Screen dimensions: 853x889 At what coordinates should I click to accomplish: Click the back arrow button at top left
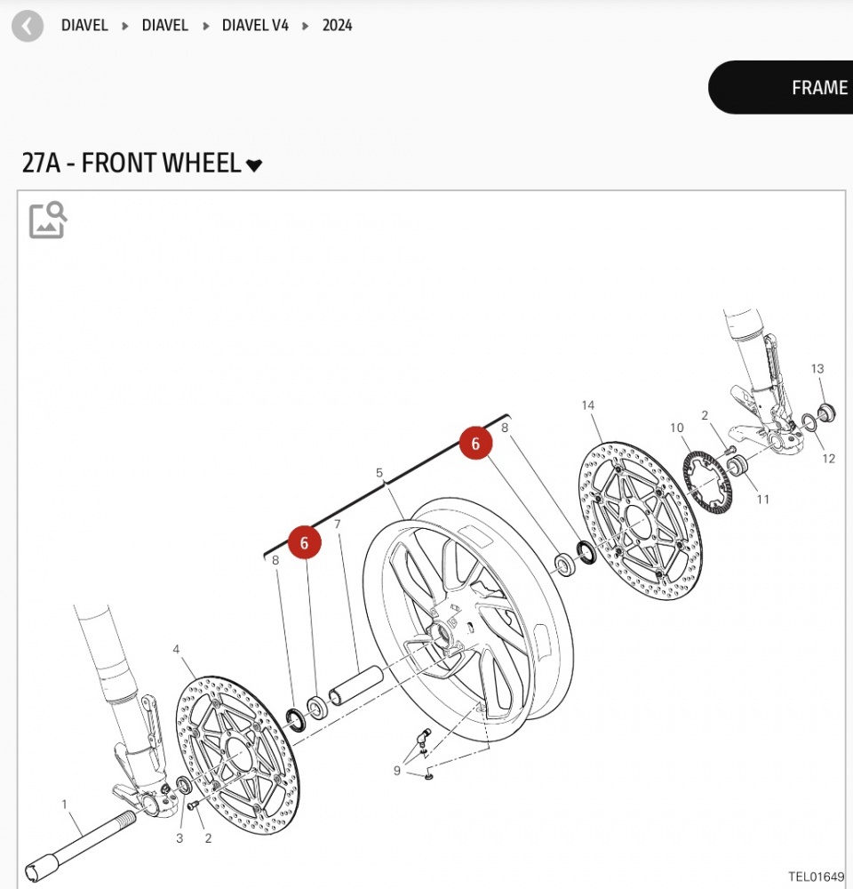pyautogui.click(x=28, y=26)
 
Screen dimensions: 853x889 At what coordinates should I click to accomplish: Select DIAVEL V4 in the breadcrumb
pyautogui.click(x=255, y=26)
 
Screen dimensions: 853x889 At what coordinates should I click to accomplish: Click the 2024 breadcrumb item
pyautogui.click(x=338, y=26)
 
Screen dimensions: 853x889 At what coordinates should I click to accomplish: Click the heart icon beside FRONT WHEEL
pyautogui.click(x=254, y=165)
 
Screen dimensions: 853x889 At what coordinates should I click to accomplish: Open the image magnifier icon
pyautogui.click(x=48, y=220)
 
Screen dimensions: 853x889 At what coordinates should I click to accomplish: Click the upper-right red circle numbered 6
pyautogui.click(x=475, y=443)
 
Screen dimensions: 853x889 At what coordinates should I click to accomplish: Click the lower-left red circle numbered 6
pyautogui.click(x=305, y=542)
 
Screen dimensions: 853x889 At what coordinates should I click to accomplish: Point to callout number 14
pyautogui.click(x=587, y=405)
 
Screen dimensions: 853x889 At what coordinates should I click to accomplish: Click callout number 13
pyautogui.click(x=817, y=369)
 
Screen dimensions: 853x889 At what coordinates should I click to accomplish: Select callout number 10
pyautogui.click(x=677, y=428)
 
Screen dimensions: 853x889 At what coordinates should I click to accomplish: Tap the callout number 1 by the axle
pyautogui.click(x=64, y=804)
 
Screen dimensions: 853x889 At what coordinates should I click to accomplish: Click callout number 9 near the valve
pyautogui.click(x=397, y=771)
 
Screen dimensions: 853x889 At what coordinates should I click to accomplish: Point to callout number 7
pyautogui.click(x=338, y=524)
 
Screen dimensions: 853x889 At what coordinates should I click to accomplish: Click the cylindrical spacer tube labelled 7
pyautogui.click(x=356, y=685)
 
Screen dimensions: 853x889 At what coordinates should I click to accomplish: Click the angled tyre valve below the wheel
pyautogui.click(x=423, y=737)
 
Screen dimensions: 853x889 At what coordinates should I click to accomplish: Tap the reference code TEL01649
pyautogui.click(x=816, y=877)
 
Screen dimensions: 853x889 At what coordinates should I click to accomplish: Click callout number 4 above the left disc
pyautogui.click(x=176, y=649)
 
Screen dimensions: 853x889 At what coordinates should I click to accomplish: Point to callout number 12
pyautogui.click(x=829, y=458)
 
